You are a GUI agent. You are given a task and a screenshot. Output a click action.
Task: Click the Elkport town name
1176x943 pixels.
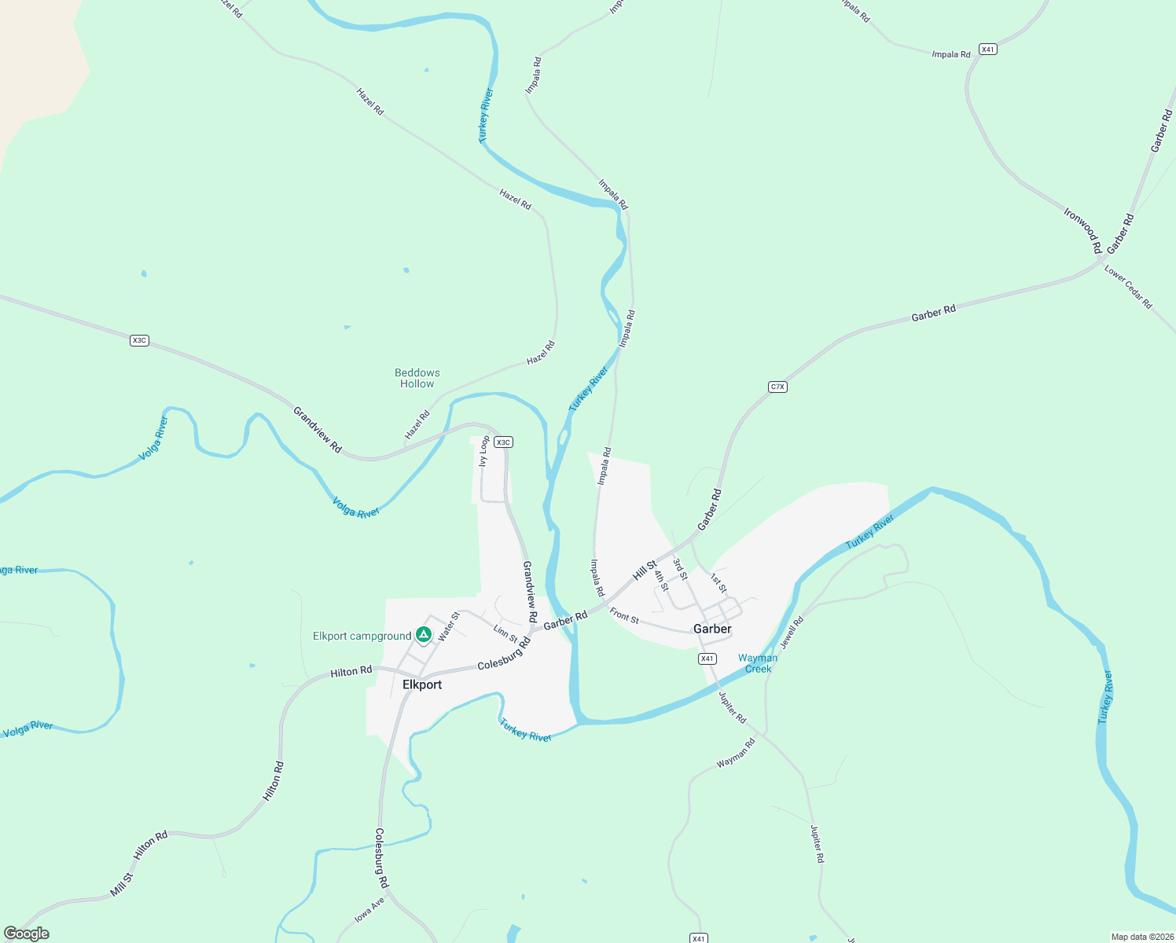pyautogui.click(x=422, y=684)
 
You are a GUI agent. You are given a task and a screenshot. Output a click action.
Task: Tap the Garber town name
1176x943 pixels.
pyautogui.click(x=712, y=629)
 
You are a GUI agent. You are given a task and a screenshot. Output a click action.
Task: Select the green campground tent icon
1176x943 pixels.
pyautogui.click(x=424, y=634)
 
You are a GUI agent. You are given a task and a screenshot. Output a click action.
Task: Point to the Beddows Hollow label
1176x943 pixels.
pyautogui.click(x=417, y=378)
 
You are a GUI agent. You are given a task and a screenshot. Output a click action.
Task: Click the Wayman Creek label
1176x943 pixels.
pyautogui.click(x=758, y=663)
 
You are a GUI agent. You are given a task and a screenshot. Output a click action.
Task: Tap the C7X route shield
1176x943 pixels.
pyautogui.click(x=777, y=387)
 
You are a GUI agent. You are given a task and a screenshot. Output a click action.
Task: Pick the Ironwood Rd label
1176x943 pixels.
pyautogui.click(x=1083, y=229)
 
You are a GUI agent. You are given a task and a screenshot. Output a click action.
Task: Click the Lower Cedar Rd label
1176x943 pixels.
pyautogui.click(x=1128, y=287)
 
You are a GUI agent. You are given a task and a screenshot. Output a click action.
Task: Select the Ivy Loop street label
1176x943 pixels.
pyautogui.click(x=485, y=451)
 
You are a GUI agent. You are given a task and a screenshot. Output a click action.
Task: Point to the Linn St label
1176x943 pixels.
pyautogui.click(x=505, y=633)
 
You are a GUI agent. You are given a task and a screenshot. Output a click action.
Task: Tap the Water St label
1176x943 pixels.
pyautogui.click(x=448, y=626)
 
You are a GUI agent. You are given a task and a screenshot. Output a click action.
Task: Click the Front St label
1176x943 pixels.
pyautogui.click(x=624, y=616)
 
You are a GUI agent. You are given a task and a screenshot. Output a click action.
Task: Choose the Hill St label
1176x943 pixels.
pyautogui.click(x=645, y=570)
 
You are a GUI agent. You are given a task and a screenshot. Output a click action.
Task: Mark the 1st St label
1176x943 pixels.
pyautogui.click(x=718, y=583)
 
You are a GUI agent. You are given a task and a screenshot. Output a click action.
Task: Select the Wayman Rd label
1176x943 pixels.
pyautogui.click(x=736, y=753)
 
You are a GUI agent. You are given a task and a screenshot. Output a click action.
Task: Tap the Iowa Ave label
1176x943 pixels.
pyautogui.click(x=369, y=909)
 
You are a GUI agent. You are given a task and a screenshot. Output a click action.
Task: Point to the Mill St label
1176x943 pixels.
pyautogui.click(x=122, y=884)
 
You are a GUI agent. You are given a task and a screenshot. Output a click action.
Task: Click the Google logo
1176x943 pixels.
pyautogui.click(x=27, y=934)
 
